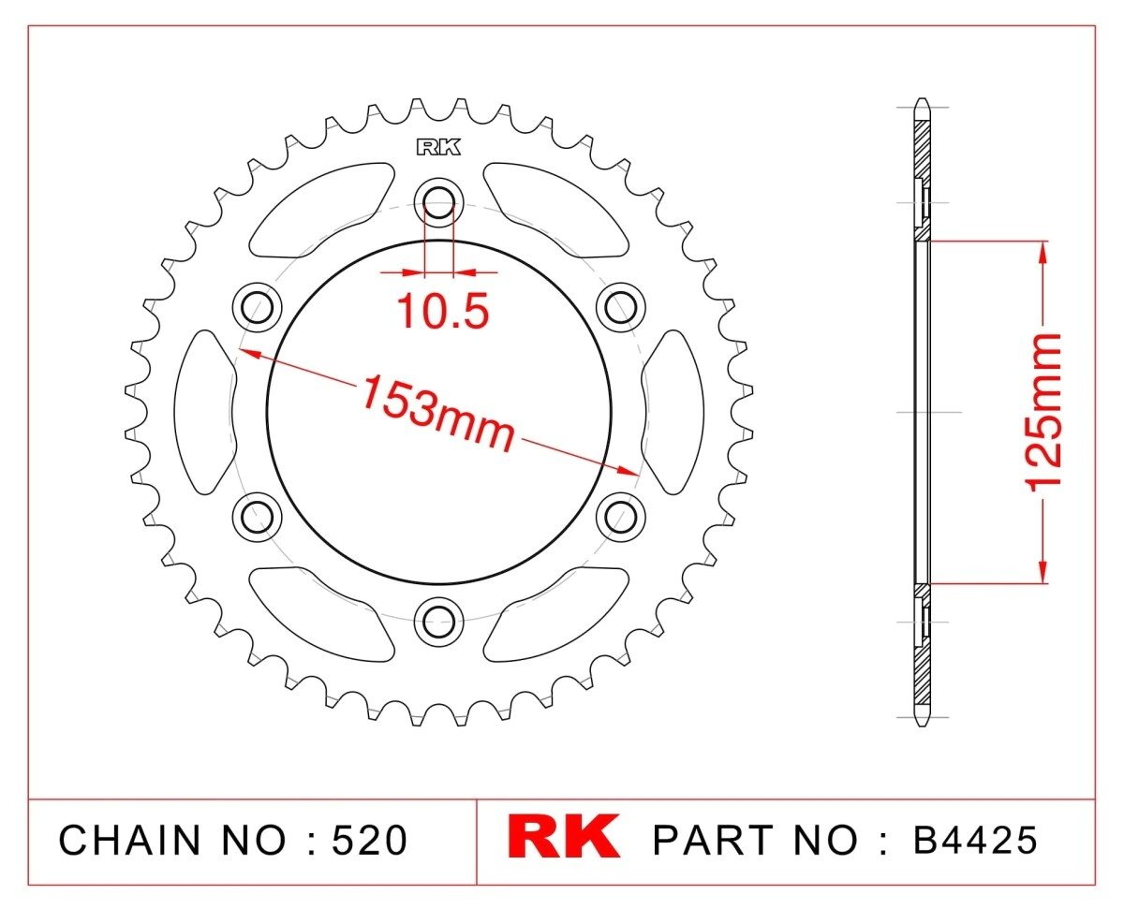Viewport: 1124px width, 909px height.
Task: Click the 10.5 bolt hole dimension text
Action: [443, 312]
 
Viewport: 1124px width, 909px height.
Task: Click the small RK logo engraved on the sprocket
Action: [438, 147]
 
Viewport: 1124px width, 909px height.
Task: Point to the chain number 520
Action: [369, 840]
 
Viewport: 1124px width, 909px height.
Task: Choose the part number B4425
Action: [975, 840]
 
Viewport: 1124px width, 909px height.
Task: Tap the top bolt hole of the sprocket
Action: [438, 202]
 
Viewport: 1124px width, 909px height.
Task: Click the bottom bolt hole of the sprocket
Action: [438, 622]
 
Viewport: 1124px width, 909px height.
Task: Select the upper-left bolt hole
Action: [257, 307]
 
